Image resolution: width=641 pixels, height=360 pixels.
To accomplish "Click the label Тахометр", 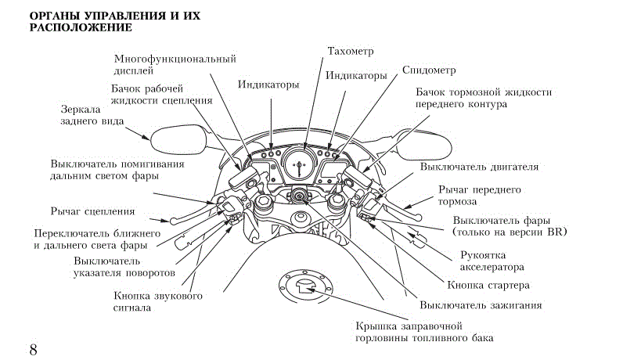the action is tap(351, 52).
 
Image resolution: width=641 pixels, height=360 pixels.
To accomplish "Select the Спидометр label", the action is tap(429, 70).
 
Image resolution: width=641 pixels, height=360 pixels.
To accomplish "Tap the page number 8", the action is tap(33, 350).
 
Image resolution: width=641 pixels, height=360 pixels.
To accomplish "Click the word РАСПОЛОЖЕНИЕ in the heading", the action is tap(81, 28).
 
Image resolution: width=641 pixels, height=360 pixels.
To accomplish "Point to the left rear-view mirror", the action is tap(178, 140).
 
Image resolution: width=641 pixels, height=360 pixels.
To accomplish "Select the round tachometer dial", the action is tap(301, 164).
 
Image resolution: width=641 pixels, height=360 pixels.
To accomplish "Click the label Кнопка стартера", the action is tap(488, 285).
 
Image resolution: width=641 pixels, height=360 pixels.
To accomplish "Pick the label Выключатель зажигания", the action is tap(481, 305).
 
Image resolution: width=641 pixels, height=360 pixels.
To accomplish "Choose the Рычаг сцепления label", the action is tap(92, 211).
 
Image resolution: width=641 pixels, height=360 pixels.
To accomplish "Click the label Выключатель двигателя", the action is tap(479, 167).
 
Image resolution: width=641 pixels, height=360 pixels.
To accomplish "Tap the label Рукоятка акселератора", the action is tap(492, 261).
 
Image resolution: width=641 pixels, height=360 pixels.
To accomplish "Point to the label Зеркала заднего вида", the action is tap(92, 115).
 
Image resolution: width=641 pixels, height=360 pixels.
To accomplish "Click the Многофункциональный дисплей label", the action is tap(175, 64).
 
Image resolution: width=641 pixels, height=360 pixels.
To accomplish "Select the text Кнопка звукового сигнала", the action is tap(158, 301).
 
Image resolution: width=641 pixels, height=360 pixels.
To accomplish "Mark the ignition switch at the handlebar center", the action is tap(300, 195).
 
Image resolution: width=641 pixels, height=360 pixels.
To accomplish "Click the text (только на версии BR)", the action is tap(510, 232).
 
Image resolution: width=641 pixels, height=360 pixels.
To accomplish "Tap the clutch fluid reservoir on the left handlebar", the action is tap(243, 178).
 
